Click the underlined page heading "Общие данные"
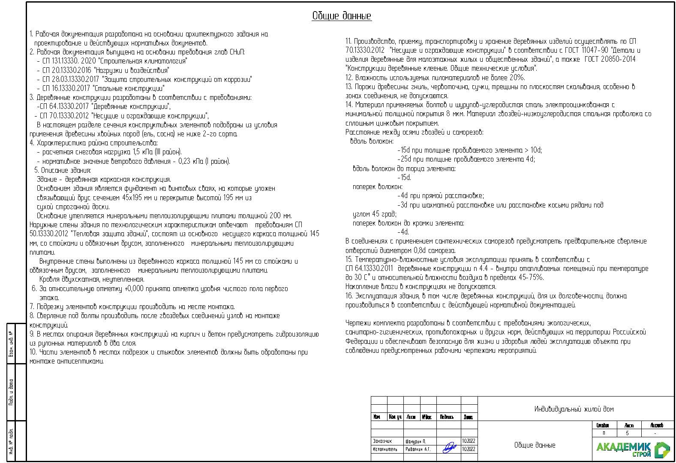pos(341,16)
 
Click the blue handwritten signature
pos(449,448)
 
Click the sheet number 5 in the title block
pos(627,433)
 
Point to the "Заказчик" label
pos(382,441)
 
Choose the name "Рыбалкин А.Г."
pos(418,450)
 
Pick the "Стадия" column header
pos(603,425)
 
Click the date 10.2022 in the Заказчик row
pos(469,441)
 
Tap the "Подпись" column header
pos(447,417)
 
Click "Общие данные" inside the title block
pos(535,445)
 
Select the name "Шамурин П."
pos(415,441)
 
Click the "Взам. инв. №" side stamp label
pos(11,344)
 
